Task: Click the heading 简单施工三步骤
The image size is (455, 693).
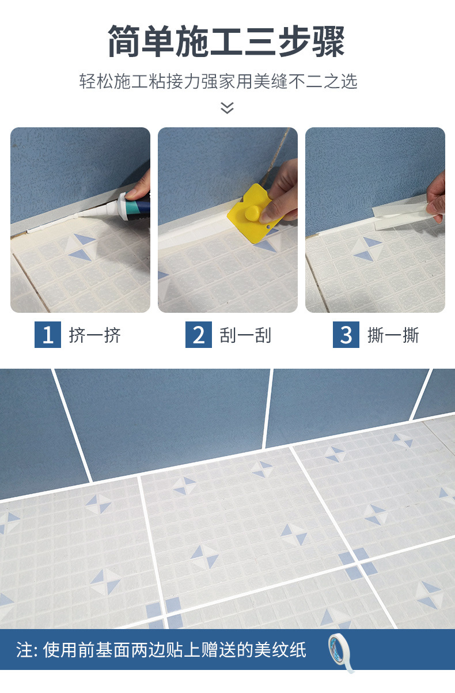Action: [x=226, y=41]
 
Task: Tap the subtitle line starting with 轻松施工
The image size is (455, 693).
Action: [x=218, y=81]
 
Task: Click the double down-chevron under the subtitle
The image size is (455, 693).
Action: [x=227, y=108]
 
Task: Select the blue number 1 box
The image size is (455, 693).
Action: [x=48, y=335]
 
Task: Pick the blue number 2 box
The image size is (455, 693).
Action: [x=199, y=335]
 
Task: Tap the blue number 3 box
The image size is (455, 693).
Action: [x=346, y=335]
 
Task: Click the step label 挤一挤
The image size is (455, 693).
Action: [x=94, y=335]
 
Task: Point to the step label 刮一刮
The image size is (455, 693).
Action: [x=245, y=335]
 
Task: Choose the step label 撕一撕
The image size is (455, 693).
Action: [x=393, y=335]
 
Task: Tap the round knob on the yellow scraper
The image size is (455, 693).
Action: [x=253, y=213]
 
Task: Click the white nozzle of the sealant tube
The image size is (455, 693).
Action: [x=99, y=212]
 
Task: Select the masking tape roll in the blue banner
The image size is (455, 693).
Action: [x=340, y=652]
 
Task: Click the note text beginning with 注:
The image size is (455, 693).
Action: [x=161, y=650]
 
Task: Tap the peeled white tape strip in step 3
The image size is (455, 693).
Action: [x=402, y=214]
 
